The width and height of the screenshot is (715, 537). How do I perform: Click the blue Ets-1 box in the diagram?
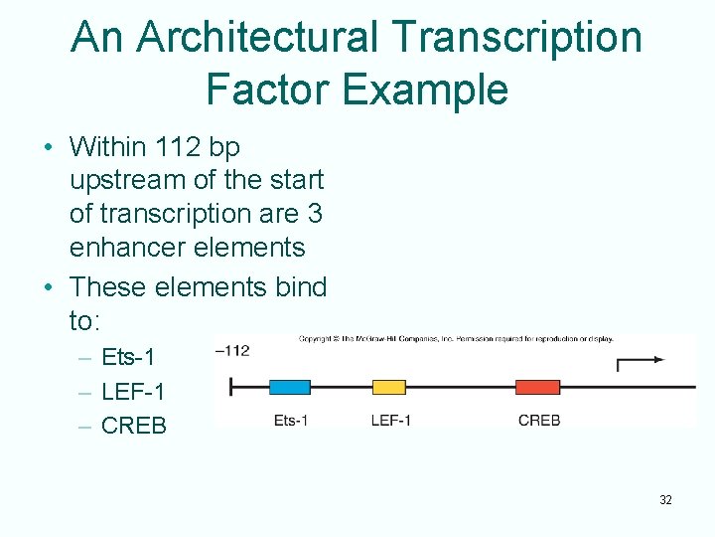click(290, 387)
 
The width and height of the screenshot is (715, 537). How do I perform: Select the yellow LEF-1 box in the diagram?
click(388, 387)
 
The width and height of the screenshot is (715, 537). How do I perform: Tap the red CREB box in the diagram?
click(538, 387)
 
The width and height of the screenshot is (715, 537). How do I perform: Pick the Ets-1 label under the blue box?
click(291, 421)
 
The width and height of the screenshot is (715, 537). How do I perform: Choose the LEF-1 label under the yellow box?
click(390, 421)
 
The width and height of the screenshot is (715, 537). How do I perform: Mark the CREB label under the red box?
click(539, 421)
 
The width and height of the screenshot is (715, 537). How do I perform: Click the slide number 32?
click(665, 500)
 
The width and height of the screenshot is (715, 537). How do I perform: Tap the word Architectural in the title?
click(255, 38)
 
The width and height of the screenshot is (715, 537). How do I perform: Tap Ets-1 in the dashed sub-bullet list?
click(129, 357)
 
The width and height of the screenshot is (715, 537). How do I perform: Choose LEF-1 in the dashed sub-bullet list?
click(134, 392)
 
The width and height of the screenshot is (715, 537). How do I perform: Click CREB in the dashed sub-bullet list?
click(135, 426)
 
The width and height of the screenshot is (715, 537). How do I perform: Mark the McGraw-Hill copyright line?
click(456, 339)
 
